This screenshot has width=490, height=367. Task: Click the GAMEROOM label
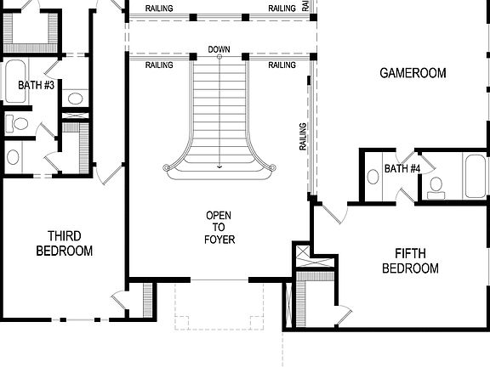(x=413, y=73)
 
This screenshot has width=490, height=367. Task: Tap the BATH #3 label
(x=36, y=85)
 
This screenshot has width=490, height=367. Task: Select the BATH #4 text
(x=402, y=168)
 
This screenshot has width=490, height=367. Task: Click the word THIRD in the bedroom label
(x=65, y=235)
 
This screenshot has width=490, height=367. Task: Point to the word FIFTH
(x=416, y=253)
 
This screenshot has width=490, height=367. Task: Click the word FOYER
(x=219, y=240)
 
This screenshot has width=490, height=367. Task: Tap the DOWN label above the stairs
(x=219, y=50)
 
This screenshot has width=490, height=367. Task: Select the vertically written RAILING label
(x=303, y=137)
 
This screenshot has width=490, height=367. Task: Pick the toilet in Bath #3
(x=18, y=125)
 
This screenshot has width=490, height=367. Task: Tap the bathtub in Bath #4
(x=475, y=176)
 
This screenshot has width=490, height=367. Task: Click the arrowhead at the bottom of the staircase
(x=219, y=167)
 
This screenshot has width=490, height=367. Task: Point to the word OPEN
(x=219, y=216)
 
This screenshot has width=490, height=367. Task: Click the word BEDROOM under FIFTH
(x=410, y=268)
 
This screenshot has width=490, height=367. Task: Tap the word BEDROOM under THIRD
(x=65, y=251)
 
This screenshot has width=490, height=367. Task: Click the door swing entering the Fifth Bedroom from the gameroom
(x=334, y=211)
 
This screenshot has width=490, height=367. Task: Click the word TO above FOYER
(x=219, y=228)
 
